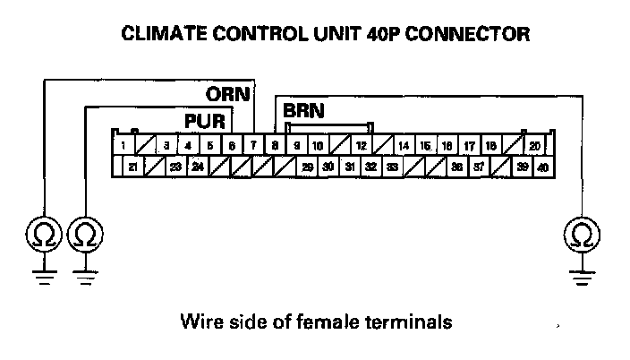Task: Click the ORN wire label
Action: click(228, 93)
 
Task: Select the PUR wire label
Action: click(206, 120)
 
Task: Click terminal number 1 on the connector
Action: click(122, 145)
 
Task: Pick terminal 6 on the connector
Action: click(231, 145)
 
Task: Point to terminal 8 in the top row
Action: click(275, 145)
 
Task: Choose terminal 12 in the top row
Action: click(362, 145)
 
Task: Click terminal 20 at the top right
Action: click(533, 145)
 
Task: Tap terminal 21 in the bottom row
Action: click(132, 167)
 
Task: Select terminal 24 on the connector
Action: click(198, 167)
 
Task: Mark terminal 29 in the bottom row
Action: click(307, 167)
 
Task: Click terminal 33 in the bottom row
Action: click(393, 167)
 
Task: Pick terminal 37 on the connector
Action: click(480, 167)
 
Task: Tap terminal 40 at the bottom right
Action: click(544, 167)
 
